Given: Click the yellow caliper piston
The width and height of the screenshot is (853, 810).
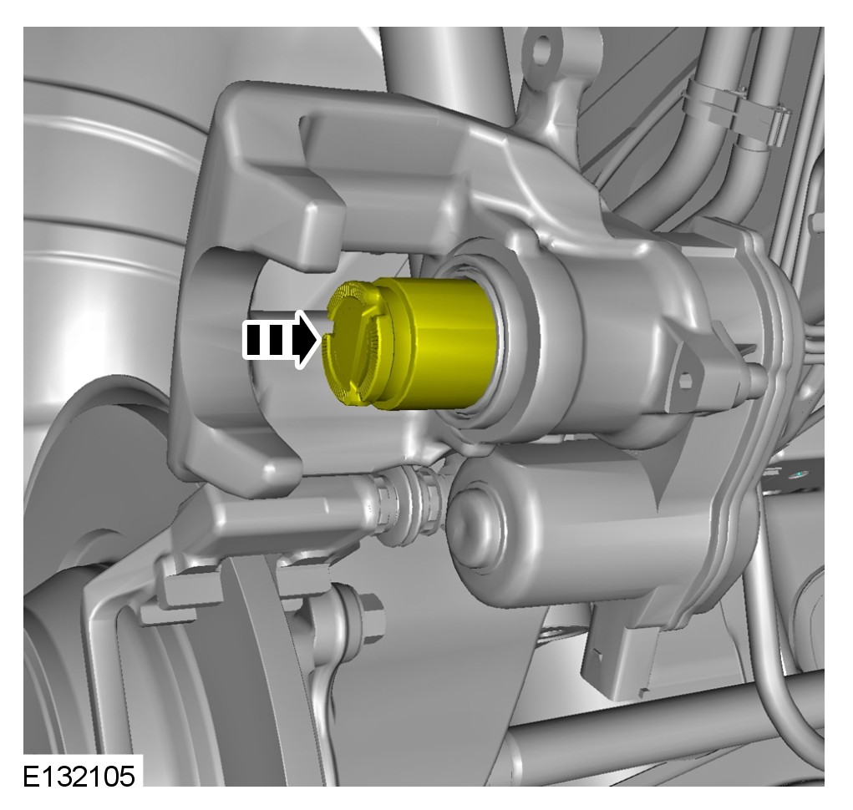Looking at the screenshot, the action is coord(411,344).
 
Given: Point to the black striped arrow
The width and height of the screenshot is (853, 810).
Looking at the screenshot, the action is coord(282,341).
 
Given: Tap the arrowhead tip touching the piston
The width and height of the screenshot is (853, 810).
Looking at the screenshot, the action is coord(321,341).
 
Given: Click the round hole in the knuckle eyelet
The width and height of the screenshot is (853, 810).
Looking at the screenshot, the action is coord(542,49).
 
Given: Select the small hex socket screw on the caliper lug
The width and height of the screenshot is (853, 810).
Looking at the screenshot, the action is coord(685,380).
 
